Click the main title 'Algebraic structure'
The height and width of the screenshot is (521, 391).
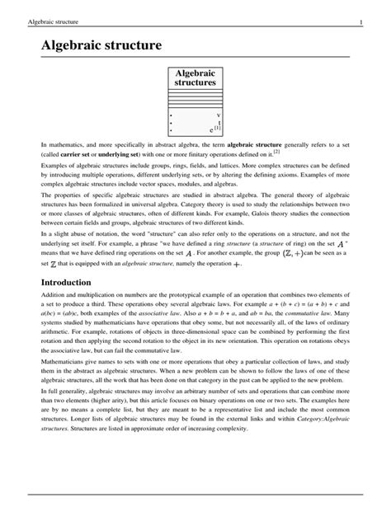pos(103,45)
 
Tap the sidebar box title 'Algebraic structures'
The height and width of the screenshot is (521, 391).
pos(195,78)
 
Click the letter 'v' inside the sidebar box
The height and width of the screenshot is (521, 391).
pos(219,115)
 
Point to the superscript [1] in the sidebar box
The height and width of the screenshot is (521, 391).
pos(219,128)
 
